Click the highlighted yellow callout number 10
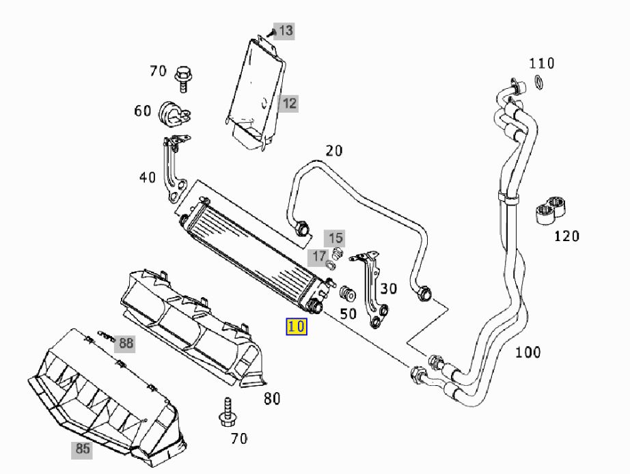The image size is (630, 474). [x=297, y=327]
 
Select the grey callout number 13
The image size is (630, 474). [x=285, y=31]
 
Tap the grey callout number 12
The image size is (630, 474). [x=289, y=104]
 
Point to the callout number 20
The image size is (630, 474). [x=333, y=151]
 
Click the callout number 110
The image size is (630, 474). [x=542, y=64]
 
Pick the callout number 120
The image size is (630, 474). [x=566, y=236]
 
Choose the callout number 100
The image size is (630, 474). [x=528, y=352]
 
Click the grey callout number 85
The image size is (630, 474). [x=83, y=449]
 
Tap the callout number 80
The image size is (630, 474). [x=272, y=399]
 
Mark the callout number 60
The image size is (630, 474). [x=142, y=111]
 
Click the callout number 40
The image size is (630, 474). [x=148, y=178]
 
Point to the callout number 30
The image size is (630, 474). [x=389, y=288]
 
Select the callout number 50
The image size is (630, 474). [x=348, y=314]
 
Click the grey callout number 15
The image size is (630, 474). [x=335, y=238]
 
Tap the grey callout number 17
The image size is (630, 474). [x=320, y=257]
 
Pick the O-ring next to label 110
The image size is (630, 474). [x=539, y=85]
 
